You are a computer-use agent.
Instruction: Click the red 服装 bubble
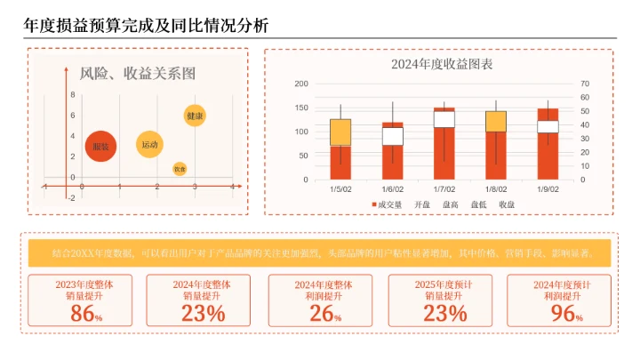[x=100, y=147]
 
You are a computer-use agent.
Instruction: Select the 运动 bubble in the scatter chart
[x=149, y=144]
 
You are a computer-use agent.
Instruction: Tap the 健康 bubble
[x=195, y=116]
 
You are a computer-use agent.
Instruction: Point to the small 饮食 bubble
[x=180, y=168]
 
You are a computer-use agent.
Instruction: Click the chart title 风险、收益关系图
[x=138, y=74]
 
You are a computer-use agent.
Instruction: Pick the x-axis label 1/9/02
[x=548, y=188]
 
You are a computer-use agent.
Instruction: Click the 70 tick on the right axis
[x=584, y=84]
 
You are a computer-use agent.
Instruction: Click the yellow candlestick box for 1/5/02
[x=340, y=132]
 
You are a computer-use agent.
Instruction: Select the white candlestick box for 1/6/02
[x=392, y=136]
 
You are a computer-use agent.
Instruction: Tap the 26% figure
[x=324, y=313]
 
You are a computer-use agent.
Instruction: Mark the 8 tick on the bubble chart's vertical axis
[x=73, y=93]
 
